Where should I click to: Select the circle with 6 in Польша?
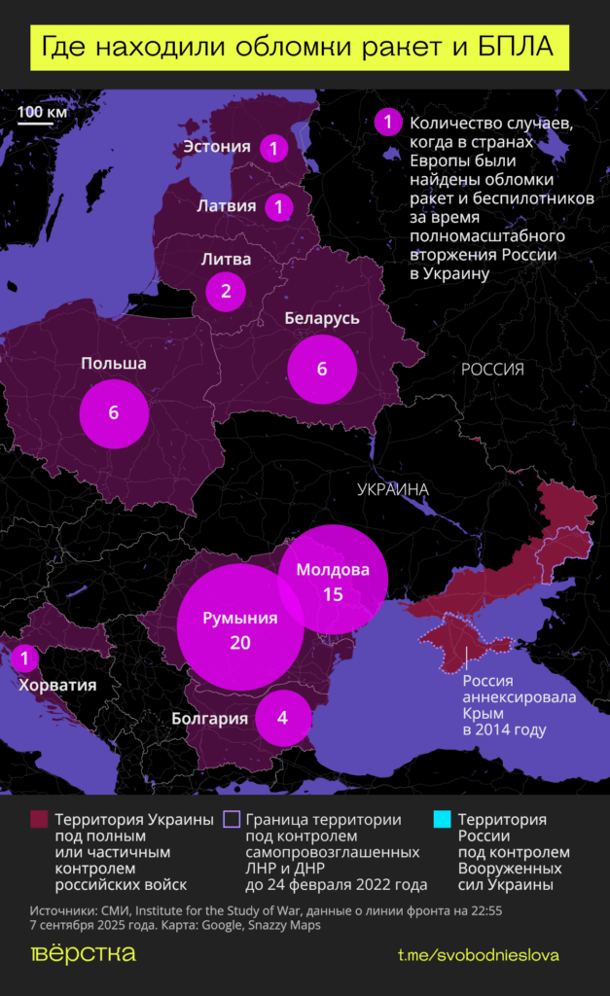[x=114, y=412]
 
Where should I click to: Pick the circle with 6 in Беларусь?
[x=322, y=370]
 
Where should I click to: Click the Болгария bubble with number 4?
[x=282, y=719]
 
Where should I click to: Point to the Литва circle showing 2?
[x=226, y=290]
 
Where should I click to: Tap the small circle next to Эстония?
[x=274, y=149]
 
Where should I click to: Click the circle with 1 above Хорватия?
[x=24, y=658]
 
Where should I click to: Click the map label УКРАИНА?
[x=393, y=489]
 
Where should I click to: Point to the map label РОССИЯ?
[x=492, y=370]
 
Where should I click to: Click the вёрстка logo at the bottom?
[x=84, y=953]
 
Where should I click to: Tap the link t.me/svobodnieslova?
[x=478, y=955]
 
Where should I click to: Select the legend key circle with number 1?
[x=387, y=123]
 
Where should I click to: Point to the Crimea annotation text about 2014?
[x=519, y=705]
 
